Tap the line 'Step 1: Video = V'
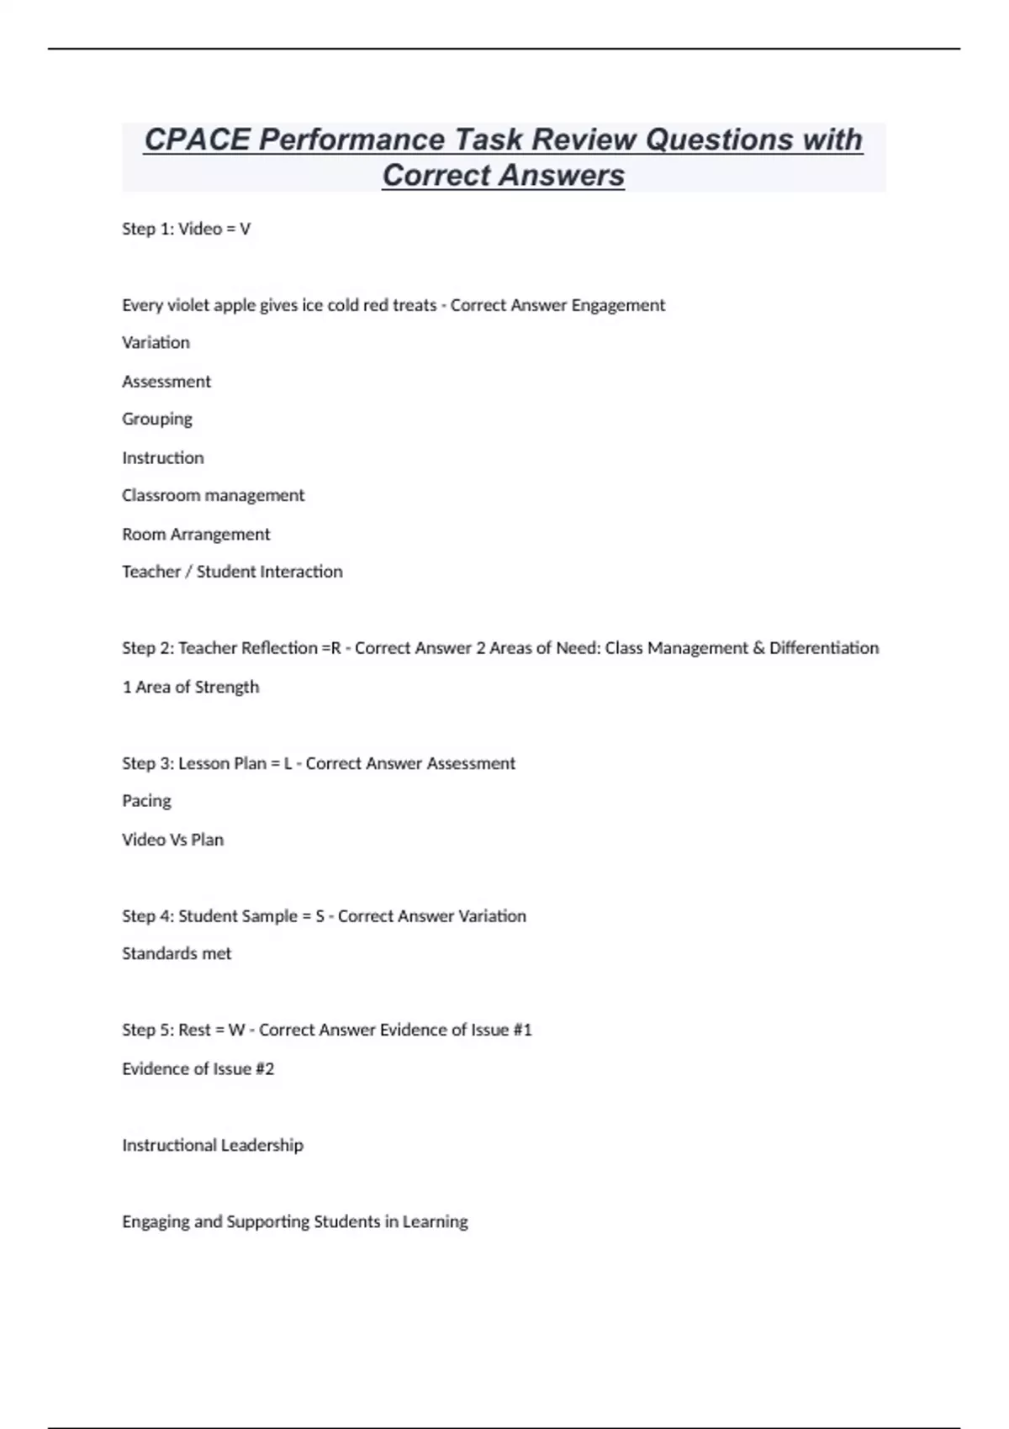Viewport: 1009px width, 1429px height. [x=186, y=229]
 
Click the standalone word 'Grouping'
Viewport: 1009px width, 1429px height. [x=157, y=419]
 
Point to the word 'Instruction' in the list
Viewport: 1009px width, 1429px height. [x=163, y=457]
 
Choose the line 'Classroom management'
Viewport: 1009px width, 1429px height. [x=213, y=495]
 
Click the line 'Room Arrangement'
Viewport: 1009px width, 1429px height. [x=196, y=534]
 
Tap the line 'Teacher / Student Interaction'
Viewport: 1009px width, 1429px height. [x=232, y=572]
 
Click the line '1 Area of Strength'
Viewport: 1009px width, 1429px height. [x=191, y=687]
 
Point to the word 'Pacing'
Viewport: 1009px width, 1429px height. [x=146, y=800]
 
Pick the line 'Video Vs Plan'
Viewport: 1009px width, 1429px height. [x=172, y=839]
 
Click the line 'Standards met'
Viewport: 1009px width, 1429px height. [x=177, y=953]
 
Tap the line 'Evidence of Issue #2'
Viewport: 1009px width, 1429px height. [x=198, y=1068]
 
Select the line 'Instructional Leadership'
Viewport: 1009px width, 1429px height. [x=213, y=1145]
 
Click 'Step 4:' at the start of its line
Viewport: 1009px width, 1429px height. [x=148, y=915]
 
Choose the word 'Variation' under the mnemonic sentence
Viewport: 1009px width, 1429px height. [x=156, y=342]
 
